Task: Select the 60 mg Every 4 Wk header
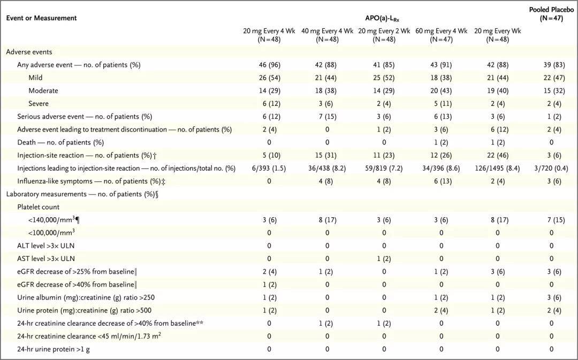point(441,35)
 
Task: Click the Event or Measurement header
point(41,18)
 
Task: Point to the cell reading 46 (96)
point(269,65)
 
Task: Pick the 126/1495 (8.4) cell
point(498,168)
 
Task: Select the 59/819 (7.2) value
point(384,168)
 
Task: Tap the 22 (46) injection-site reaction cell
point(498,155)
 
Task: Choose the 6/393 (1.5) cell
point(269,168)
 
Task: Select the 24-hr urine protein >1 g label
point(55,349)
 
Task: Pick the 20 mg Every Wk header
point(498,35)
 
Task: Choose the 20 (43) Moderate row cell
point(441,90)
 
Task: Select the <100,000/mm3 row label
point(51,233)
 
